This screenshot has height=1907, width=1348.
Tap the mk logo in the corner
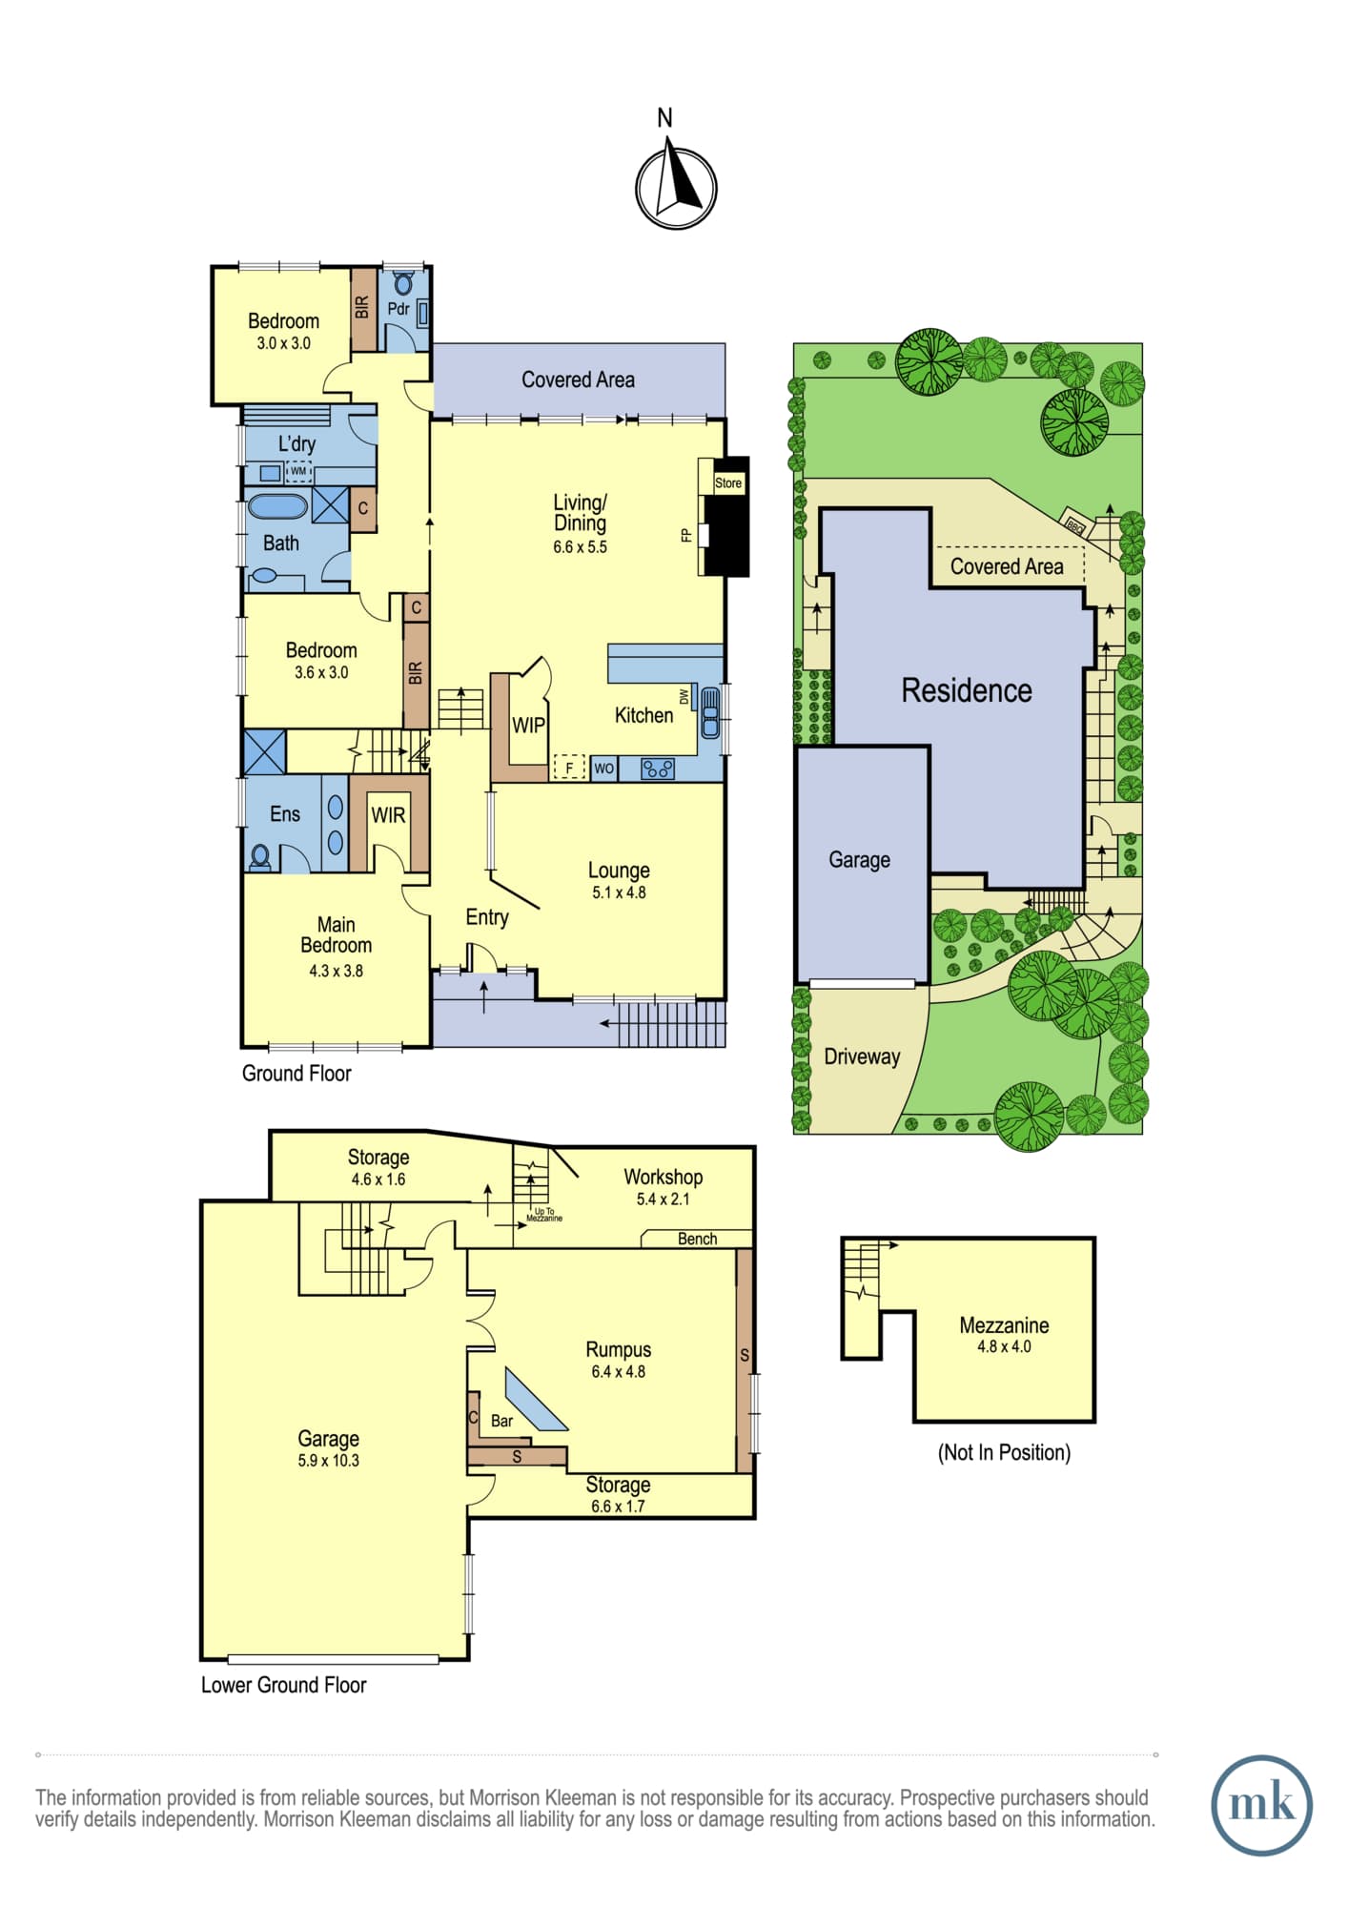(1261, 1805)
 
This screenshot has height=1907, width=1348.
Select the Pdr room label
(398, 309)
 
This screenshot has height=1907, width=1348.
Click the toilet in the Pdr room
(402, 283)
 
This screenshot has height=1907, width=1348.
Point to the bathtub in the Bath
(277, 506)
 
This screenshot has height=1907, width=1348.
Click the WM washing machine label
(298, 471)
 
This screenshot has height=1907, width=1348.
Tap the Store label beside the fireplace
(728, 483)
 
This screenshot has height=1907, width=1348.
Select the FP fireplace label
(685, 536)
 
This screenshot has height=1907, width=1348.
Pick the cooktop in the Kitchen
(658, 768)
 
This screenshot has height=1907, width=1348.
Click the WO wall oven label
(604, 769)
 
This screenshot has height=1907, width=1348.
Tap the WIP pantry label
(529, 726)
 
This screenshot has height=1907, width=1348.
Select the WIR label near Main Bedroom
(388, 815)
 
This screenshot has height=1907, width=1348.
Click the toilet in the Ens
(259, 856)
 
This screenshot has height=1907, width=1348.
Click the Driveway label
(862, 1056)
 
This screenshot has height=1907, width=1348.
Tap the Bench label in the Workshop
(697, 1239)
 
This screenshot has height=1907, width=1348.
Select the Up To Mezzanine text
(544, 1215)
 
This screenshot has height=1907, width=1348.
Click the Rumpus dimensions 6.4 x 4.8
(619, 1372)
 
